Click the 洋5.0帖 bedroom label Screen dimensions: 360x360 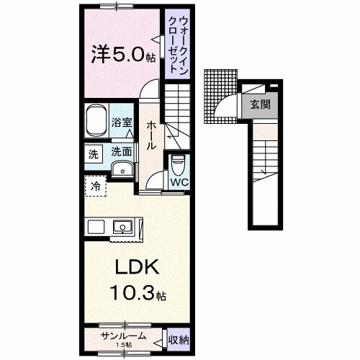tap(120, 53)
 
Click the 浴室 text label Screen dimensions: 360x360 tap(122, 122)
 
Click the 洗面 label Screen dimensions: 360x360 tap(121, 152)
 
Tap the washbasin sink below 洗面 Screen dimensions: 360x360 tap(122, 169)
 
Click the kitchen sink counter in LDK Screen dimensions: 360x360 tap(123, 227)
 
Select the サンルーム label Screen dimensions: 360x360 tap(124, 336)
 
